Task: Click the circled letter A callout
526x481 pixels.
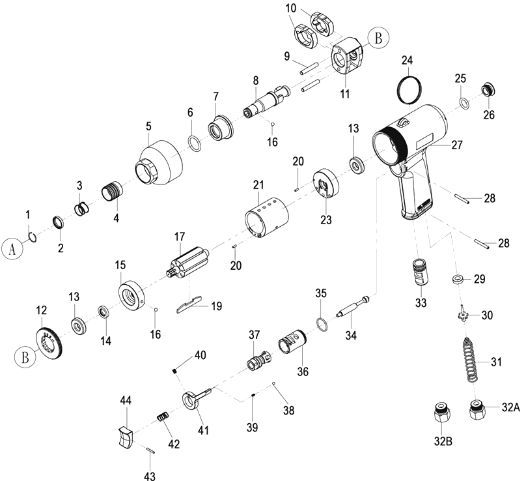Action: tap(12, 249)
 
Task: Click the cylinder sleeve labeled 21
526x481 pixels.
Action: tap(267, 218)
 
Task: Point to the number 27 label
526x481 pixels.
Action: tap(457, 145)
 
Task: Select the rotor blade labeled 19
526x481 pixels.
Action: tap(189, 304)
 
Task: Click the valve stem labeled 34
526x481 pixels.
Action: tap(353, 307)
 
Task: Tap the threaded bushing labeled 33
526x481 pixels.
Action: tap(419, 272)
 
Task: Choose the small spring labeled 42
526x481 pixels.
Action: tap(163, 417)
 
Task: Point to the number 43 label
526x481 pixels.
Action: tap(150, 476)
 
